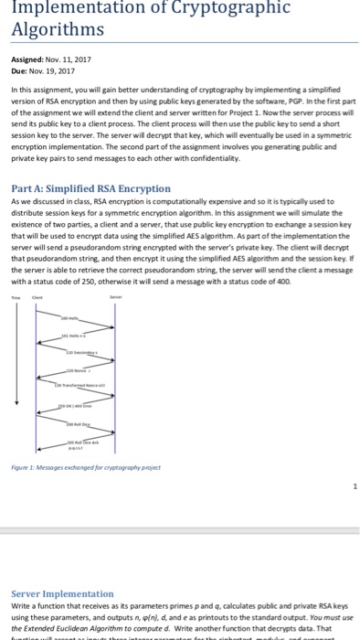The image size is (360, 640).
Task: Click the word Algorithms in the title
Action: click(54, 29)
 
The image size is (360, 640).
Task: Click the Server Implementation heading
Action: click(61, 593)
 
